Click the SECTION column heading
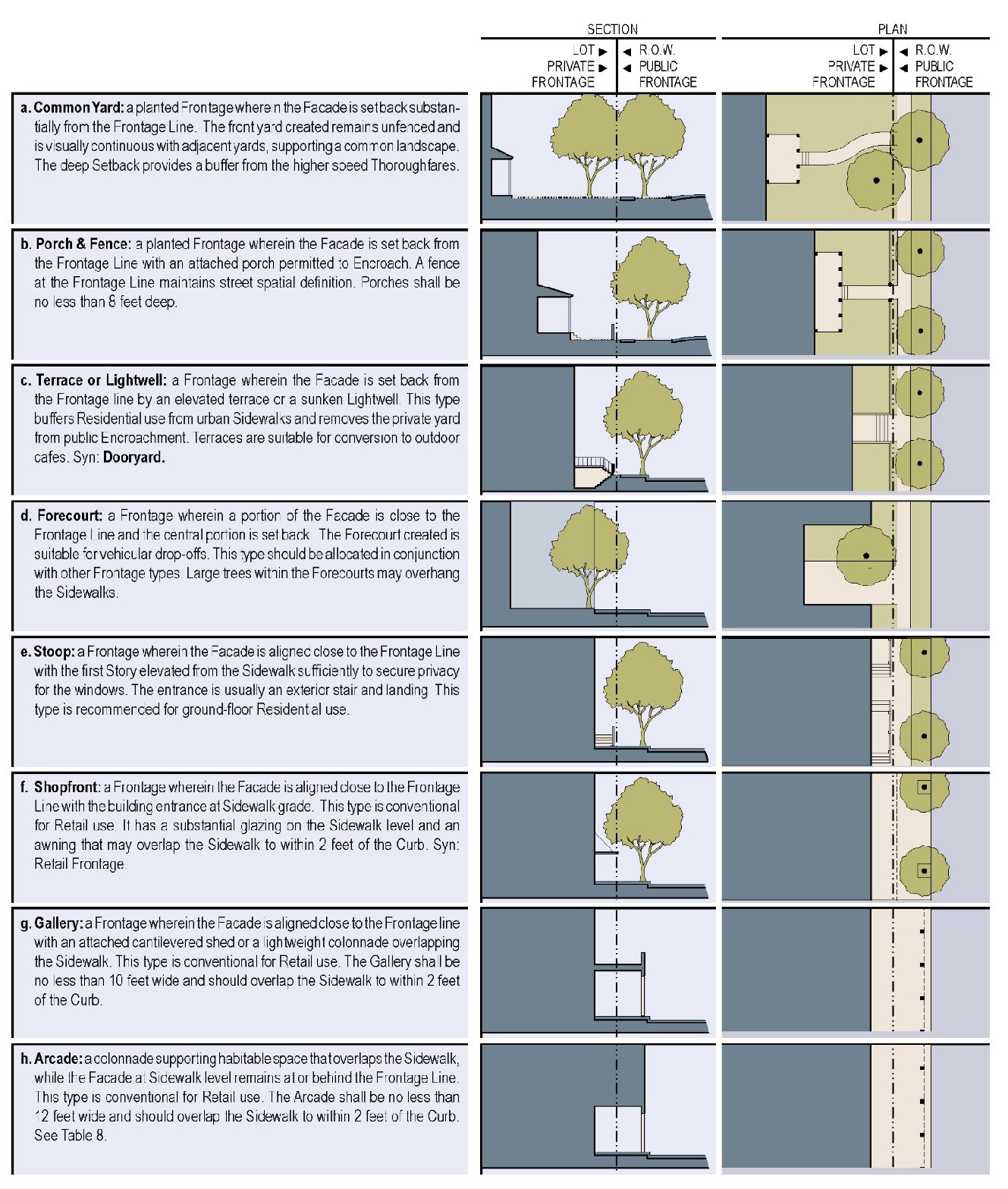pos(612,30)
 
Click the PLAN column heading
pos(892,30)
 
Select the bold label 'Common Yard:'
pos(79,108)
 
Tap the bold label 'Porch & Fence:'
pos(84,244)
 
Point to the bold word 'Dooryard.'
pos(134,458)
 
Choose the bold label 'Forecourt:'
pos(70,515)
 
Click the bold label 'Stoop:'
pos(54,652)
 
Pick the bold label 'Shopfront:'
pos(67,787)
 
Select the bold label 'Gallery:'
pos(58,923)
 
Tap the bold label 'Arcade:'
pos(58,1058)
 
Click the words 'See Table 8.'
pos(70,1135)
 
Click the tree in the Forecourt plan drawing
pos(866,555)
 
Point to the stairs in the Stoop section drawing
pos(604,738)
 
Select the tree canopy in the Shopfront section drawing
pos(643,812)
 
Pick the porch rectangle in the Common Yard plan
pos(783,159)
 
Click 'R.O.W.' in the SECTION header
pos(657,50)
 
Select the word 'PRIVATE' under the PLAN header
pos(851,66)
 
